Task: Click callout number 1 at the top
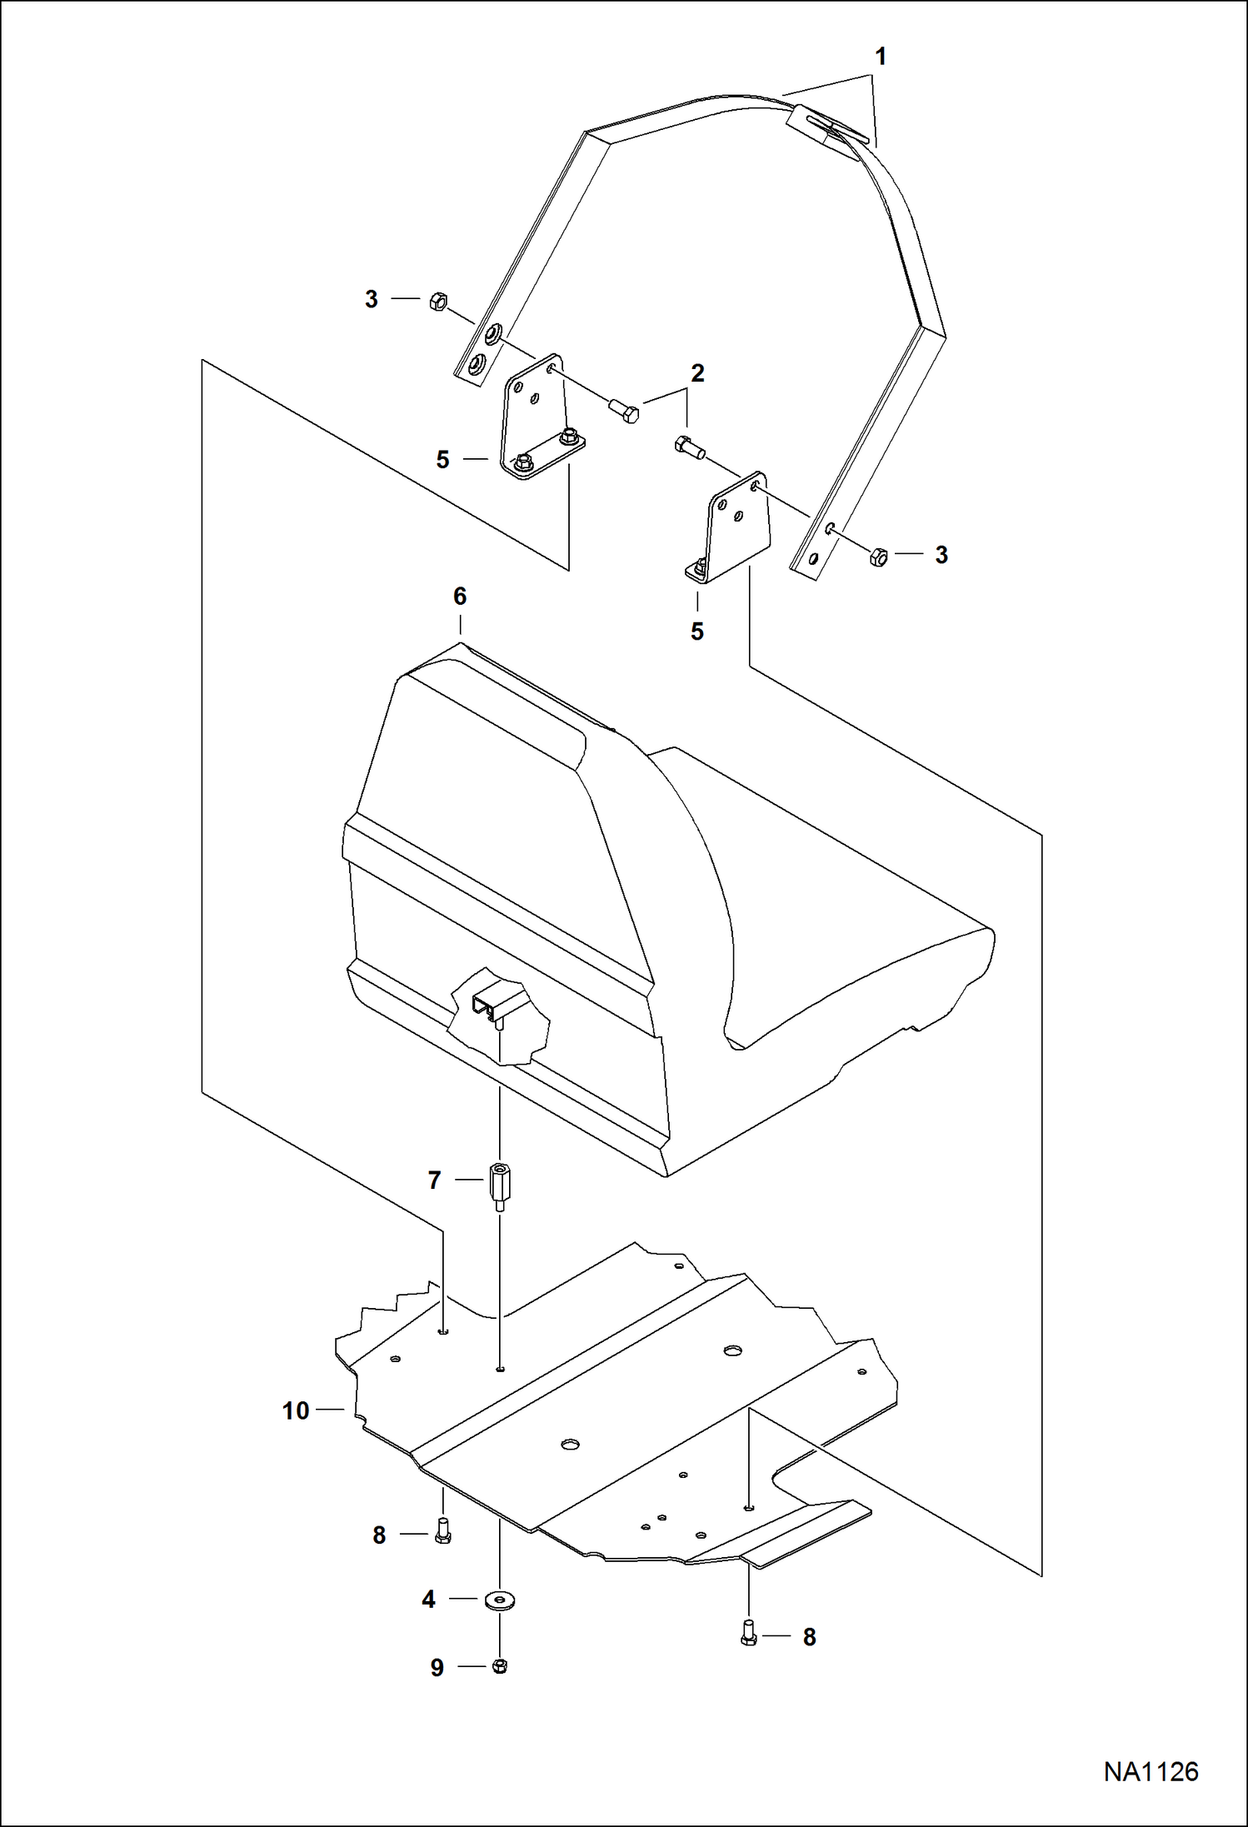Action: point(880,57)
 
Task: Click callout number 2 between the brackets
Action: point(697,373)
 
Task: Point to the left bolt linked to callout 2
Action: point(623,411)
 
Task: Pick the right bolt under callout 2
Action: point(688,447)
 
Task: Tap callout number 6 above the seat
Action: point(460,597)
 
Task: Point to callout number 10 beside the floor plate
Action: point(296,1410)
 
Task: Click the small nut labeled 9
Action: point(500,1665)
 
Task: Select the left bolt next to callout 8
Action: point(442,1532)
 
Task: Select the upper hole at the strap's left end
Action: point(493,333)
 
